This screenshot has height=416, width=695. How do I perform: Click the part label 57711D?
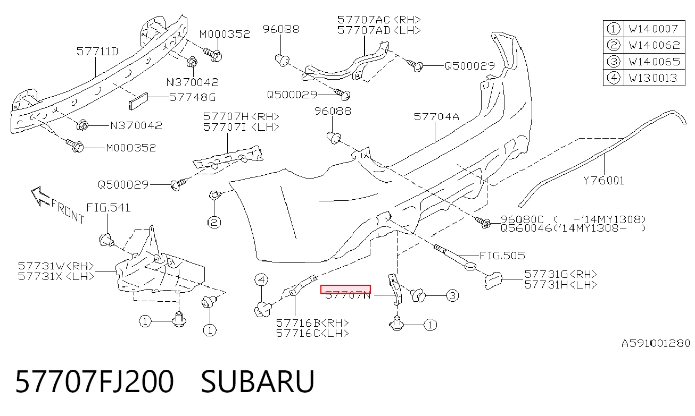coord(97,52)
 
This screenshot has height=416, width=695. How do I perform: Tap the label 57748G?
coord(192,97)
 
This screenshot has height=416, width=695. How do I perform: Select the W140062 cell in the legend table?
coord(654,45)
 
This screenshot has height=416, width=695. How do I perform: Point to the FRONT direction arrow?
coord(40,197)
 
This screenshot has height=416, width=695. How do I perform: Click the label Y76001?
coord(603,180)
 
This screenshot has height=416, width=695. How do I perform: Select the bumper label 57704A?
coord(436,116)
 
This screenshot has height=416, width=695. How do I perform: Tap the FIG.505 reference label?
coord(502,256)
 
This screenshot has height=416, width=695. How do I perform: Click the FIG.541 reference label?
coord(108,208)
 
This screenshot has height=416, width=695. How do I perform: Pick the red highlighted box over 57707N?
coord(345,290)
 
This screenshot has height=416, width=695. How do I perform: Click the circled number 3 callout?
coord(452,295)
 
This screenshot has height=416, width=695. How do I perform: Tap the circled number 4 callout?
coord(261,279)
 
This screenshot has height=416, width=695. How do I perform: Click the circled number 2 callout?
coord(214,223)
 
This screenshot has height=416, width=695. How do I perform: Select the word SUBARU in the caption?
coord(258,381)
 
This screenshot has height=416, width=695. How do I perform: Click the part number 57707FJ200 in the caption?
coord(94,381)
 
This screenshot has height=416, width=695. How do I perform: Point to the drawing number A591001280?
coord(656,344)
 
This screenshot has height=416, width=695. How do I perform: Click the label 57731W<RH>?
coord(56,266)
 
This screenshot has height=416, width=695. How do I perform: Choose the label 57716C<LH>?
coord(312,333)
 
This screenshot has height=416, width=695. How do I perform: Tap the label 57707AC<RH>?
coord(379,20)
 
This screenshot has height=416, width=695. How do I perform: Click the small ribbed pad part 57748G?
coord(138,101)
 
